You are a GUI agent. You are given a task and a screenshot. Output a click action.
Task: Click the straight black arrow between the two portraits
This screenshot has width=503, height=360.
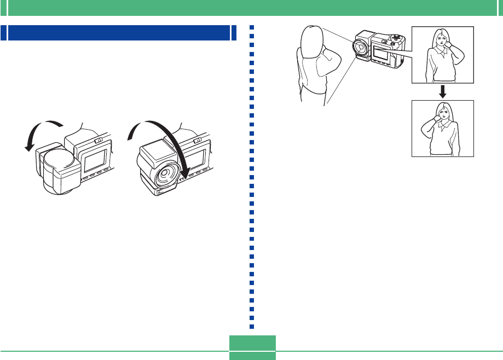click(x=442, y=91)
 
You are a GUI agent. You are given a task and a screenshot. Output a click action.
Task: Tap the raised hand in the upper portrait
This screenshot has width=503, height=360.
click(x=454, y=43)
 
